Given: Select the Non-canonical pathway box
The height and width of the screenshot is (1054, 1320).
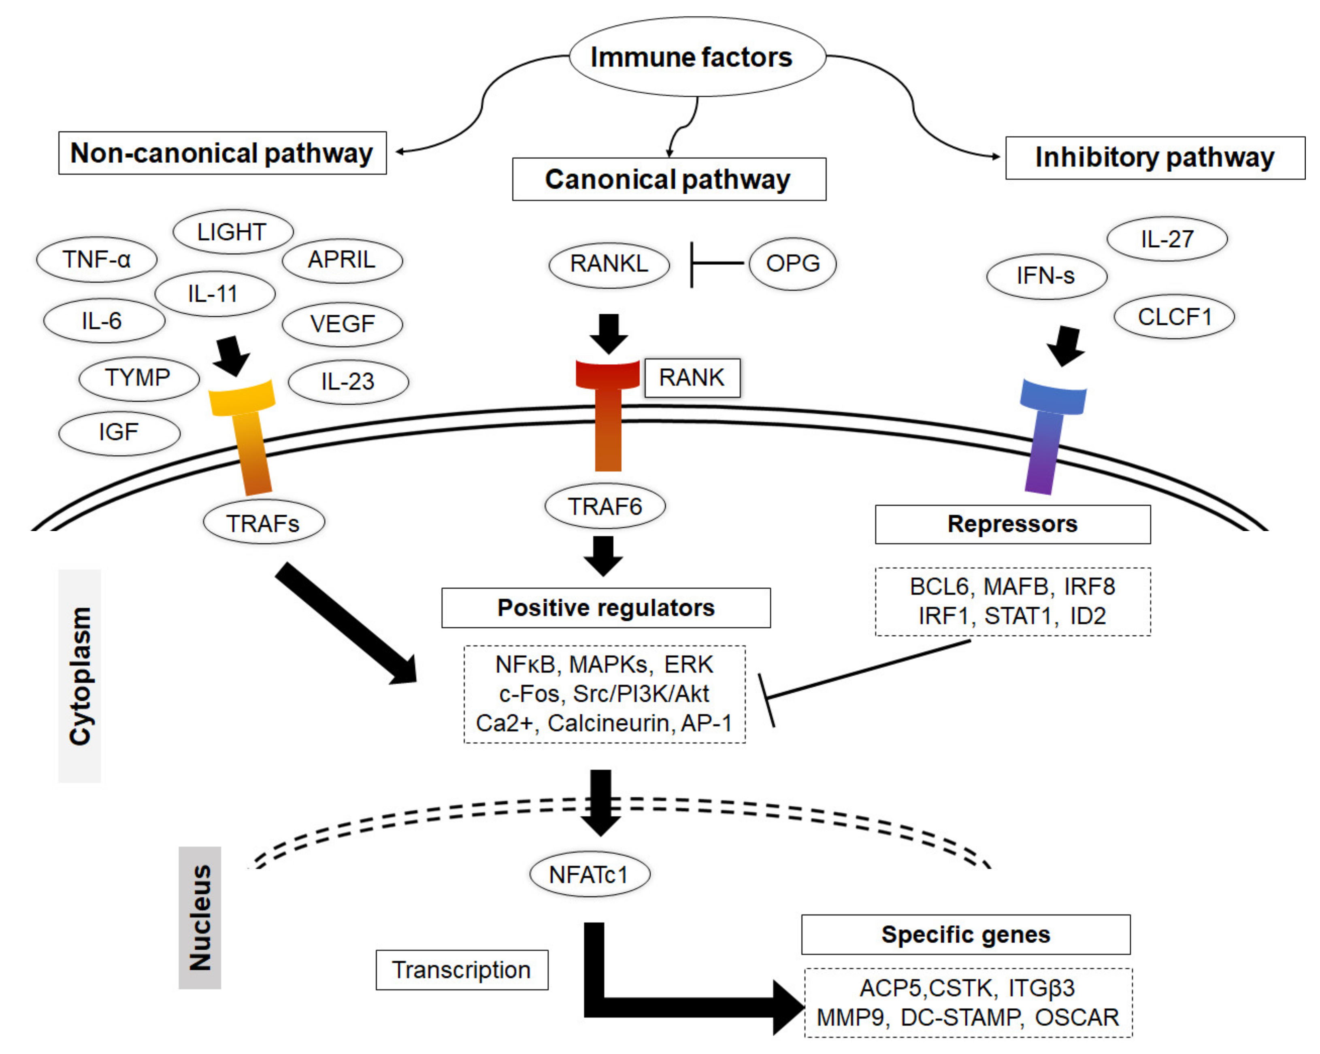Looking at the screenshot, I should point(222,153).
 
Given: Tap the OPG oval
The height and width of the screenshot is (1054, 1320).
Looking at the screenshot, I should point(792,264).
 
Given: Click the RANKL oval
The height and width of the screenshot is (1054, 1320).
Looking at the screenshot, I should point(609,264).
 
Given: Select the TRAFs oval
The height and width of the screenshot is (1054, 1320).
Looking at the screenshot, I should point(263,523).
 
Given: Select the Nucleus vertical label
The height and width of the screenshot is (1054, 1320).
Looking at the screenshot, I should point(200,918).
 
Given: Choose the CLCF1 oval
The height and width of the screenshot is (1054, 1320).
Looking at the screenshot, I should point(1174,317).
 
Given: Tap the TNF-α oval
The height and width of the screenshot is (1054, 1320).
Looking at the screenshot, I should point(97,259).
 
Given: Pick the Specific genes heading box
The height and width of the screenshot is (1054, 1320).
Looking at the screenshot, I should point(966,935).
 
